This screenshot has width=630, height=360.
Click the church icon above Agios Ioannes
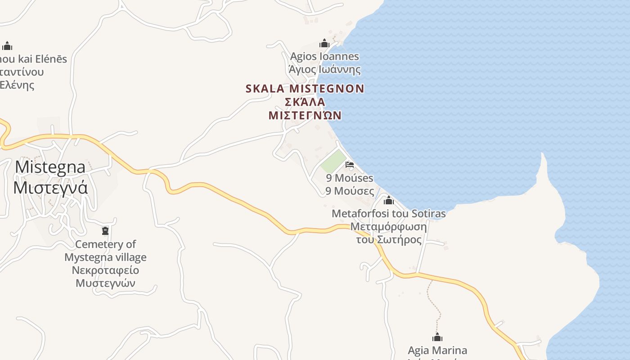click(x=324, y=44)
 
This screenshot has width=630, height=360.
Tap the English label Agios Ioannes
click(x=324, y=57)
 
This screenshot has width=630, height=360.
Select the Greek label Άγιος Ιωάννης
click(x=324, y=70)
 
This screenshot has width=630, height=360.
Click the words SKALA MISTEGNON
click(x=305, y=89)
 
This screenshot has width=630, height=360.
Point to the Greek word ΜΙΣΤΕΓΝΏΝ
click(x=305, y=116)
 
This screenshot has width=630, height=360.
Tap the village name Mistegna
click(x=50, y=167)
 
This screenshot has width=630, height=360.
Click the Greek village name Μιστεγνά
click(x=50, y=188)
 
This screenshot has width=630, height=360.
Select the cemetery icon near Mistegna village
click(x=105, y=231)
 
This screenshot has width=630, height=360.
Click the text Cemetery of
click(x=105, y=244)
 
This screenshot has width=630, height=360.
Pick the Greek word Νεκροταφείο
click(x=105, y=270)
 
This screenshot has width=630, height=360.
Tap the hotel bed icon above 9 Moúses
click(x=350, y=165)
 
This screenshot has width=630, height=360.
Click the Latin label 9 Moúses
click(x=350, y=178)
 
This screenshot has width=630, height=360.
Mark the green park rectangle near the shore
click(x=333, y=161)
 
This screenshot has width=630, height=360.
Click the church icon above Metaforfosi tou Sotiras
click(x=389, y=200)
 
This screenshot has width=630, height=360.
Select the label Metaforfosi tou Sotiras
click(x=389, y=214)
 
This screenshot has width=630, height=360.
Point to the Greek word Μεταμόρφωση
click(x=389, y=226)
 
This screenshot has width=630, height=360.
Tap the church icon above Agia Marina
click(x=437, y=337)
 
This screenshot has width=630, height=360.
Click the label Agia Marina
click(x=437, y=350)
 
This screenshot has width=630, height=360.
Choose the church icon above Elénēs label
click(x=7, y=45)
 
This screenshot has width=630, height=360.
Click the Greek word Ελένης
click(x=17, y=85)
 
